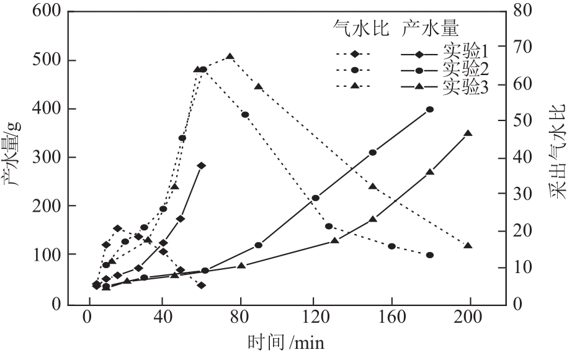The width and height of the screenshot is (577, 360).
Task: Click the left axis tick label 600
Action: point(45,12)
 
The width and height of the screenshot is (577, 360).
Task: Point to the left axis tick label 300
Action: point(45,157)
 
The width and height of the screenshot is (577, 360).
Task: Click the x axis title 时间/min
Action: point(285,343)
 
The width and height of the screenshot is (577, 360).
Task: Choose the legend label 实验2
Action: point(465,68)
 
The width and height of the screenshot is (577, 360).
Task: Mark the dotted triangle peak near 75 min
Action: point(230,56)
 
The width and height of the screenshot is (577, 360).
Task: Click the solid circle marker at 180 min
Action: point(430,109)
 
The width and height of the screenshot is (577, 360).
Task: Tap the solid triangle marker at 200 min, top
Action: point(468,133)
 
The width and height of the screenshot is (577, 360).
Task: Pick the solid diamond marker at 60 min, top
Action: point(201,166)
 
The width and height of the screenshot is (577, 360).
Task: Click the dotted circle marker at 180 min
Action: point(430,255)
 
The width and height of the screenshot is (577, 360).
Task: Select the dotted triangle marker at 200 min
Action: point(468,246)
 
